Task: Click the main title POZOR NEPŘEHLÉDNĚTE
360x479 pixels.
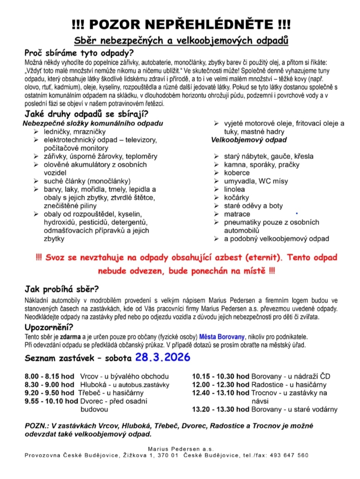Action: pos(181,25)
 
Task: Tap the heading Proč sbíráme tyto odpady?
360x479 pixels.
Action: pos(79,53)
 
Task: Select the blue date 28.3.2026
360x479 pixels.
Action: pos(162,357)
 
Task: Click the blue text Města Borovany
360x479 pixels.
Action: pos(222,337)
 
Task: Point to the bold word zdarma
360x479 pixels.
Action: pos(71,337)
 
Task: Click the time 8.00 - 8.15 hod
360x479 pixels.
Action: pos(49,377)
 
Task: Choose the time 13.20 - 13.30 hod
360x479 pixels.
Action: pos(221,409)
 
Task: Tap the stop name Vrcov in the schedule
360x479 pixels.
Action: pos(89,377)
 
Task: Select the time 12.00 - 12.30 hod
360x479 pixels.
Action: pos(221,385)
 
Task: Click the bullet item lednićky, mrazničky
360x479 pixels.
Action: pos(75,132)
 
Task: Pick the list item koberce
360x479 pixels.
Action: pos(237,173)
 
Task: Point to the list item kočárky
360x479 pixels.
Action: pos(236,197)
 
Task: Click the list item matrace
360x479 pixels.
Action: pos(237,214)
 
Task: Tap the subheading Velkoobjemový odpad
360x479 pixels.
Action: pos(249,140)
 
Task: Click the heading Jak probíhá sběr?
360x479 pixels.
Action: pos(62,289)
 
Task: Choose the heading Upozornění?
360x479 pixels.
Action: pos(49,328)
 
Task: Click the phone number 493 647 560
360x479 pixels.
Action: pos(289,455)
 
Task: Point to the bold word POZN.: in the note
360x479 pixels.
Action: pos(37,426)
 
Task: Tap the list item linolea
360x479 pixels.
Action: pos(234,189)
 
